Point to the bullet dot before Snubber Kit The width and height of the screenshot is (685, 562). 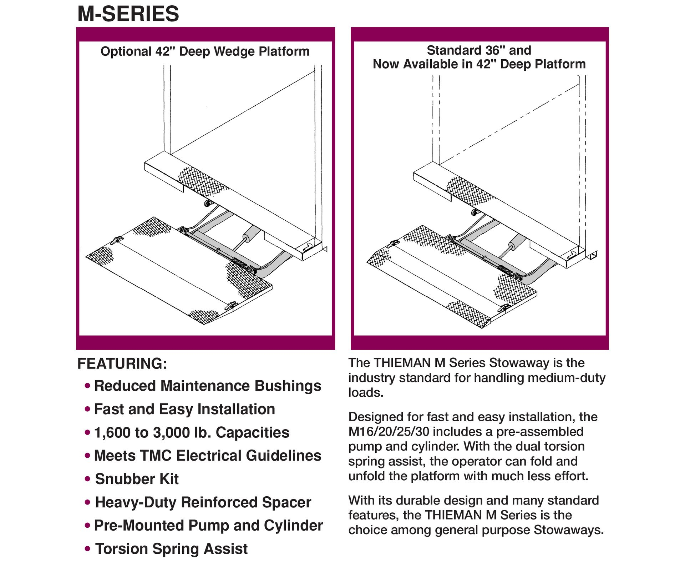pos(87,479)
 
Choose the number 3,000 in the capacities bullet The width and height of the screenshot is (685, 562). pos(170,432)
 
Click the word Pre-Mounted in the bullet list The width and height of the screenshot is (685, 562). pos(139,526)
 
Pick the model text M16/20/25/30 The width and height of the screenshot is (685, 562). pos(389,432)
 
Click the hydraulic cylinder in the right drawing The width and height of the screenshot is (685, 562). pos(517,244)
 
